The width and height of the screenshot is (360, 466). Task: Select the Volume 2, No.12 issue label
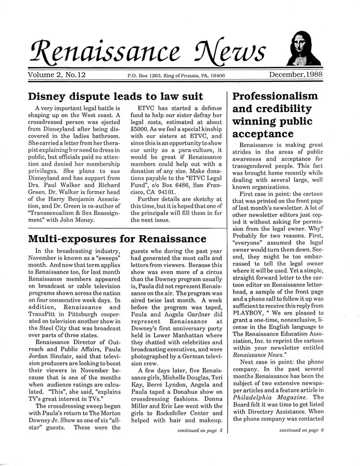tap(59, 75)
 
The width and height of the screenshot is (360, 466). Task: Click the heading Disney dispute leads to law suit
tap(115, 96)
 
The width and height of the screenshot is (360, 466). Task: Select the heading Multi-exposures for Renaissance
tap(117, 239)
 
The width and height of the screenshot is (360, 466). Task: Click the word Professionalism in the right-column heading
tap(275, 96)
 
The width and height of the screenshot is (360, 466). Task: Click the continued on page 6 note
tap(301, 430)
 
